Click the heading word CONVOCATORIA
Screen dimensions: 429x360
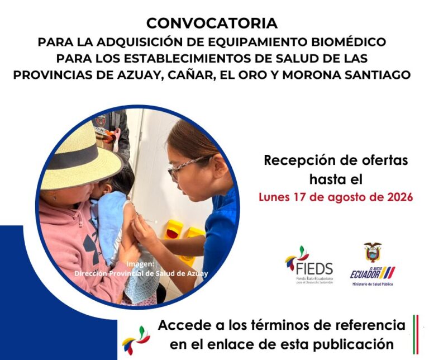click(212, 23)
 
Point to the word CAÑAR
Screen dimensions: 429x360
click(188, 75)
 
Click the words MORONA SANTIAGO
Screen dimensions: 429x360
click(346, 75)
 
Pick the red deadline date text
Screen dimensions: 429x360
click(336, 197)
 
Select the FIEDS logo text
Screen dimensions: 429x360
click(314, 268)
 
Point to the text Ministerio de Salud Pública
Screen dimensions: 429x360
click(373, 284)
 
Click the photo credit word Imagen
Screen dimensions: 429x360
click(140, 264)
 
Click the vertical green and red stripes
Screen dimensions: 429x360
click(416, 334)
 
